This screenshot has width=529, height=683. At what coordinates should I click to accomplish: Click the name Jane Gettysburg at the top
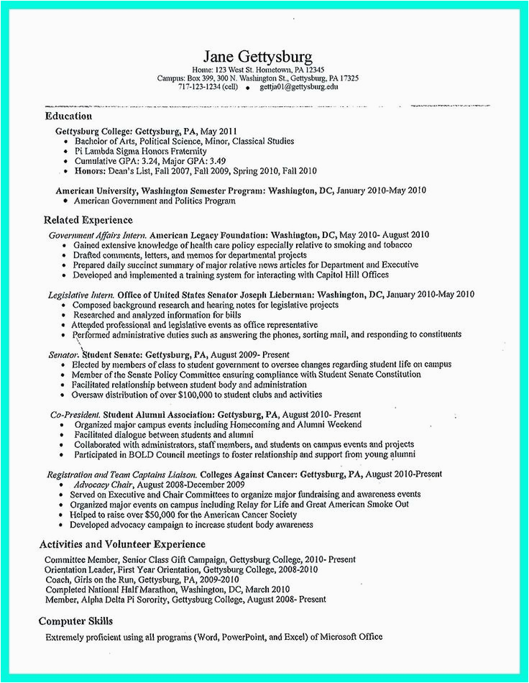coord(257,57)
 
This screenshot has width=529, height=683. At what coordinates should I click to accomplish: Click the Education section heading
coord(68,116)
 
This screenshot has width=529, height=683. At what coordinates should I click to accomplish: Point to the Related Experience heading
coord(88,220)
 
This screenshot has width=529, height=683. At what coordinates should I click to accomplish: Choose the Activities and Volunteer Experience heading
coord(122,544)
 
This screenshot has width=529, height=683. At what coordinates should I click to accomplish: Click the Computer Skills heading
coord(75,620)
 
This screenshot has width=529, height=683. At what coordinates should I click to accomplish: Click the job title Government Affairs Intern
coord(97,235)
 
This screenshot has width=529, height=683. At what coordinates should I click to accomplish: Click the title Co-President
coord(75,416)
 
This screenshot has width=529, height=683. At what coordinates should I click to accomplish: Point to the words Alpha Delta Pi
coord(100,600)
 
